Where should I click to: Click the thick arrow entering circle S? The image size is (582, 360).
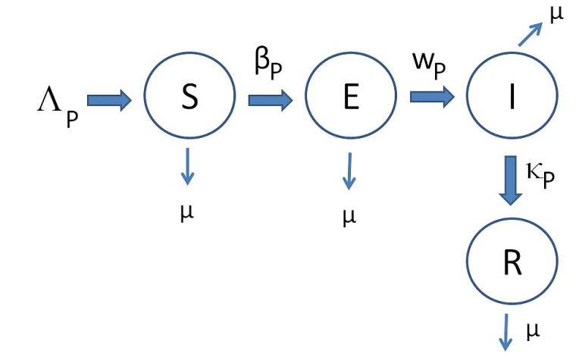(x=109, y=101)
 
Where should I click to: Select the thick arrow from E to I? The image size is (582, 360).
(x=432, y=95)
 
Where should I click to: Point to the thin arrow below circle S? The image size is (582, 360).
(x=187, y=167)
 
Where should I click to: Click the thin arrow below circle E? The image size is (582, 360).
(x=349, y=171)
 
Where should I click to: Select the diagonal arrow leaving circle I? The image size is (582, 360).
(x=530, y=34)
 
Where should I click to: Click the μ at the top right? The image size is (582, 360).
(x=557, y=15)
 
